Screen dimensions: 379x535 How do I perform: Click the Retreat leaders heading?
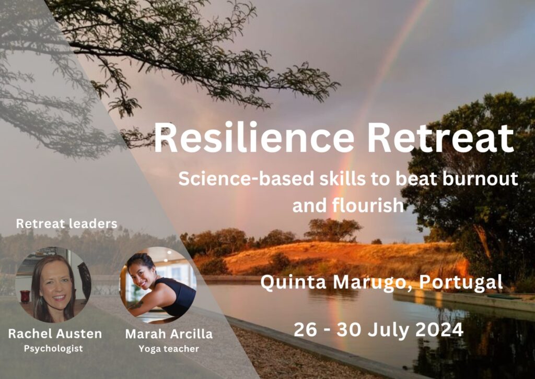click(66, 224)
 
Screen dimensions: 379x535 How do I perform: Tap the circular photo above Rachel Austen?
click(53, 285)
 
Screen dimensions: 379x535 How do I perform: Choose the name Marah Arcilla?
click(162, 334)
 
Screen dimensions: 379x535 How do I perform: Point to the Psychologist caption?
click(53, 349)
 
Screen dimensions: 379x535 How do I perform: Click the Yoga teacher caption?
click(162, 349)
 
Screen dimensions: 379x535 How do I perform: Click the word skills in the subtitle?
click(319, 179)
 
